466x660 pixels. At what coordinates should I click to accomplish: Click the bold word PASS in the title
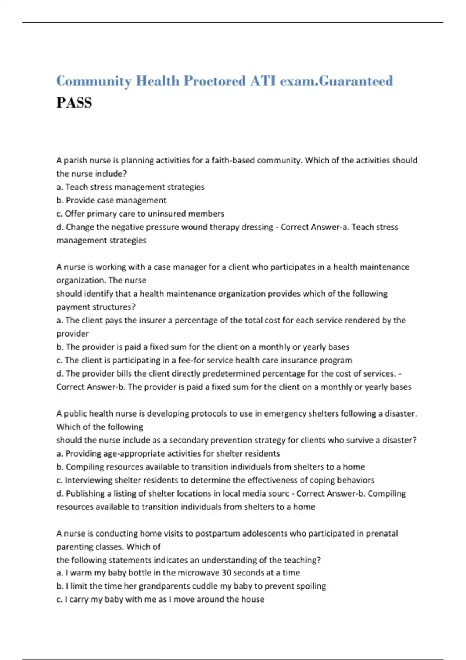[74, 103]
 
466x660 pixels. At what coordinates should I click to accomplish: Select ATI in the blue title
[263, 81]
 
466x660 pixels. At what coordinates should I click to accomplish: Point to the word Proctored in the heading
[214, 81]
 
